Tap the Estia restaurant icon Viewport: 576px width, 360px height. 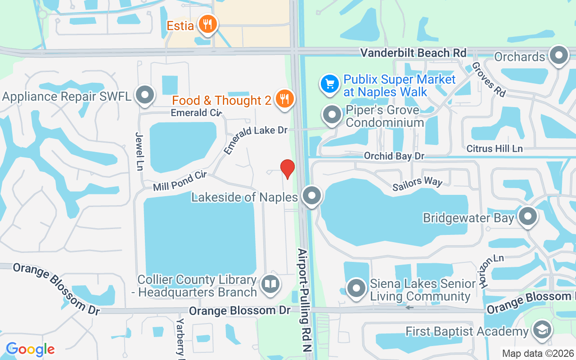207,24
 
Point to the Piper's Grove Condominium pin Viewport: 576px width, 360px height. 333,115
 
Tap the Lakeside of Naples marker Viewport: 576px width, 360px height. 311,196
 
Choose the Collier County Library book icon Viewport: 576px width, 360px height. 270,284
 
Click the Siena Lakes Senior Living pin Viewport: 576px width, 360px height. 357,288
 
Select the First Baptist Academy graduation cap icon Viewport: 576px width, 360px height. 542,331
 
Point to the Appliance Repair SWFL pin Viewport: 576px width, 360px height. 145,95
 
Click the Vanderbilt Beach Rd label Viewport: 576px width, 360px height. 414,53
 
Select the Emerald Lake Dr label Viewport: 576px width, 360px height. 255,140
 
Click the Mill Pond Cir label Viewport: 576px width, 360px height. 179,180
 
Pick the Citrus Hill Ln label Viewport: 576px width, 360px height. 495,148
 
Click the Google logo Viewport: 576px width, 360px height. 30,349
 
